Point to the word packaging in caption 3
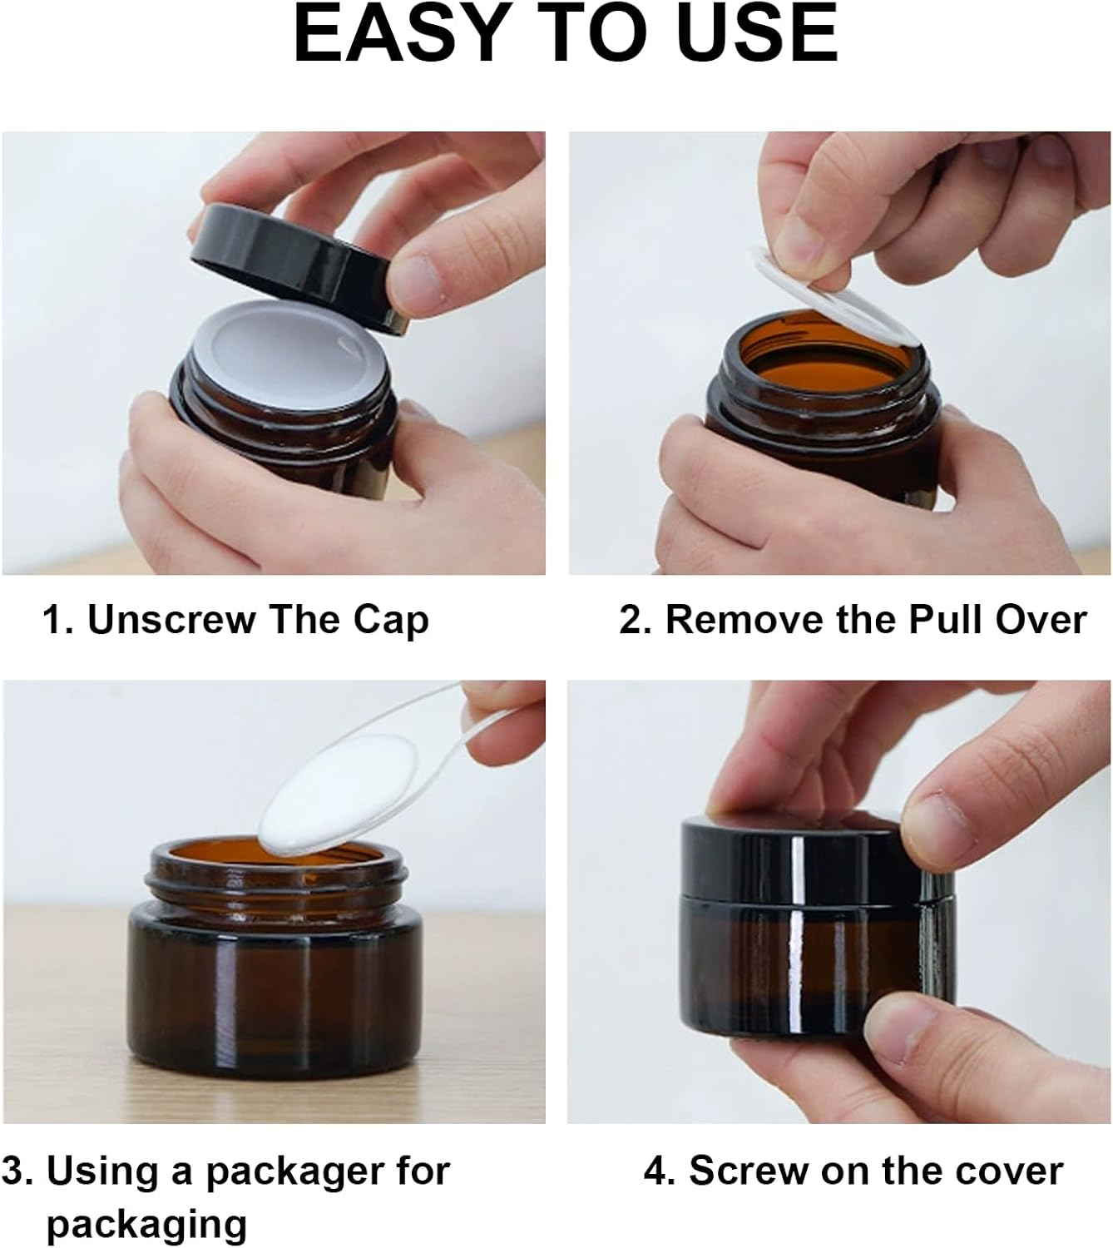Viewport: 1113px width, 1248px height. tap(146, 1224)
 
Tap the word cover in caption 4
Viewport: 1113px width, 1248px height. tap(1009, 1171)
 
